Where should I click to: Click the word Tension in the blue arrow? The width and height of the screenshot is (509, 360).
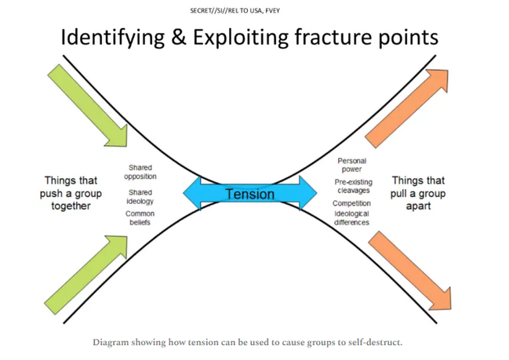click(x=250, y=195)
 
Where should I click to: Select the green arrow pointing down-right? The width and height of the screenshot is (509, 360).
click(x=88, y=106)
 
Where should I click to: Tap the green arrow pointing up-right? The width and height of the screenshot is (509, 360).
click(x=86, y=275)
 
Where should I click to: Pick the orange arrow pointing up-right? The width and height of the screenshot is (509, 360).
click(x=406, y=108)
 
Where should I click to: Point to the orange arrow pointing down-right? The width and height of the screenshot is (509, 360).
click(x=409, y=271)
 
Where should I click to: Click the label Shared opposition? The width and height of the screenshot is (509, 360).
click(x=140, y=172)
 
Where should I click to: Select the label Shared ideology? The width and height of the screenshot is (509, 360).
click(x=140, y=197)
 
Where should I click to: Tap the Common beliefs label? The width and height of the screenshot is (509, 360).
click(x=140, y=218)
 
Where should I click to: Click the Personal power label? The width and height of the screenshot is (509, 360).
click(x=352, y=165)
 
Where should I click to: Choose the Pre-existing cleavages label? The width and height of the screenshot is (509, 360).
click(x=354, y=186)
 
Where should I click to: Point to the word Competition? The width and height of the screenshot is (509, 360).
click(x=351, y=203)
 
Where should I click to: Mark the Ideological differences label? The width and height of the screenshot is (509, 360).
click(x=351, y=218)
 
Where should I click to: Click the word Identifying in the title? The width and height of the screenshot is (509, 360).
click(x=113, y=38)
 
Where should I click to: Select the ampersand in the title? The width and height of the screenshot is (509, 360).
click(x=179, y=37)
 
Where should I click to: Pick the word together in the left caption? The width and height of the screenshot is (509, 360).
click(x=71, y=206)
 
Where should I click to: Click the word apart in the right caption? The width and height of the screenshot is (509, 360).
click(x=418, y=206)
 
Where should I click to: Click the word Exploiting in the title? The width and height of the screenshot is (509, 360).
click(x=241, y=38)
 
